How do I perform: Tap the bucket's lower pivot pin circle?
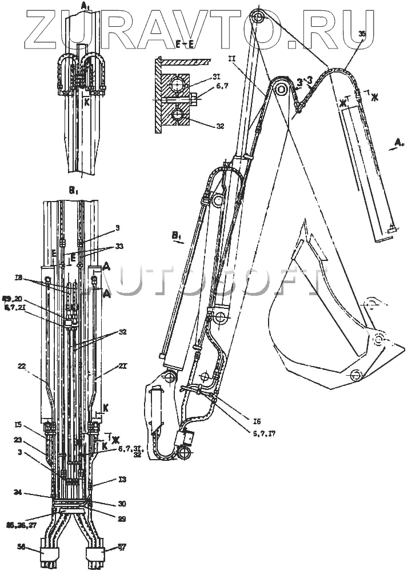click(355, 375)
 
